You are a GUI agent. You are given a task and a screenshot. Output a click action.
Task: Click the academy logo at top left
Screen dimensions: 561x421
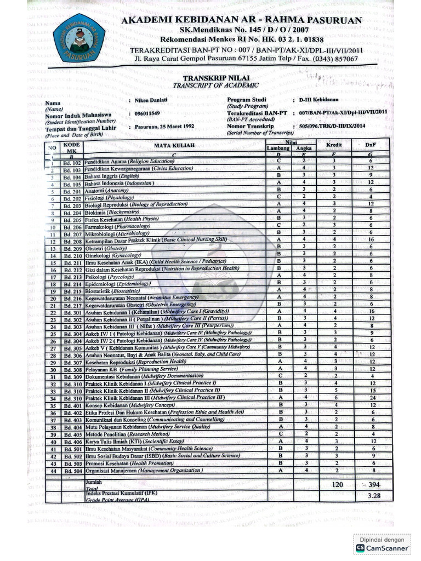pos(79,38)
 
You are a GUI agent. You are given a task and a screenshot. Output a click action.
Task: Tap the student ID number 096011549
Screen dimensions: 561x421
pos(148,113)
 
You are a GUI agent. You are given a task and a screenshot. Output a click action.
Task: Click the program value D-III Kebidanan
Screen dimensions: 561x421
pos(318,100)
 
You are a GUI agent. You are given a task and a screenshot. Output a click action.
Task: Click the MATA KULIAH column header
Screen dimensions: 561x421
pos(173,145)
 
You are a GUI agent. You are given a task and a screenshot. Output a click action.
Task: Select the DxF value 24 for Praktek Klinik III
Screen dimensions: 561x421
pos(371,397)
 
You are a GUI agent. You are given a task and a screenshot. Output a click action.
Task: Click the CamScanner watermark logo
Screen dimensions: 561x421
pos(360,547)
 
